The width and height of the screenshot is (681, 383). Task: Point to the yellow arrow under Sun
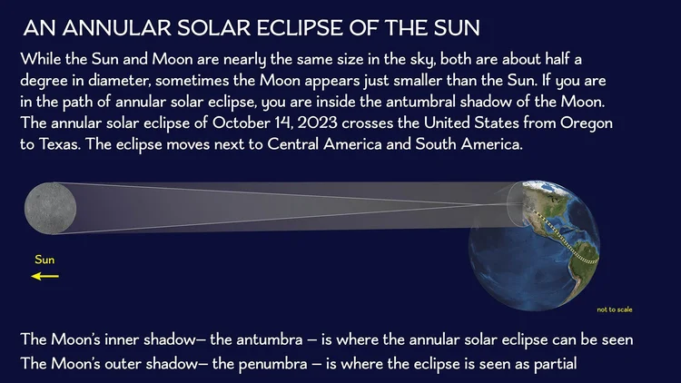point(44,275)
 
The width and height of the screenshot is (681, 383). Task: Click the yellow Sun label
point(44,260)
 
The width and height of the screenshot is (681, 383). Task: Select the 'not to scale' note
point(615,309)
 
